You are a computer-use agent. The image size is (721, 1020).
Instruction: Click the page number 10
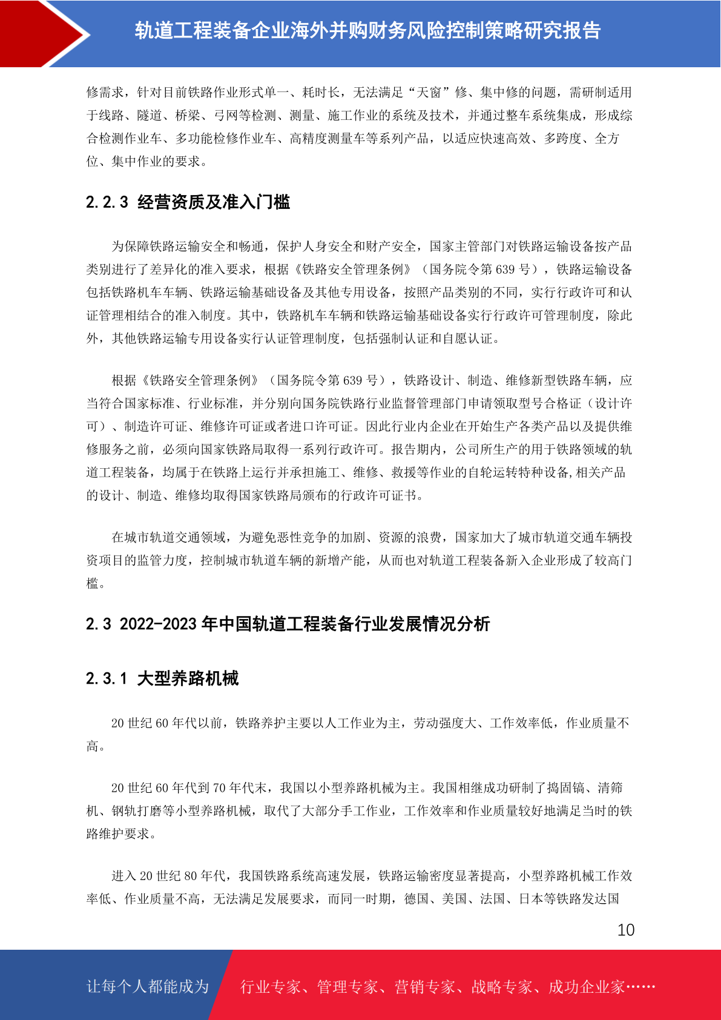[625, 930]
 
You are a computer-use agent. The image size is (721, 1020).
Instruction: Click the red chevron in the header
[45, 33]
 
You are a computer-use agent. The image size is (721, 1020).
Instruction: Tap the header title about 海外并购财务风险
[367, 30]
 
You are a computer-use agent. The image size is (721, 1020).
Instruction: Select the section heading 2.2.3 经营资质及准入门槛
[188, 202]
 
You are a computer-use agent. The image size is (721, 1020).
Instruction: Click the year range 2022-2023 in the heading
[158, 623]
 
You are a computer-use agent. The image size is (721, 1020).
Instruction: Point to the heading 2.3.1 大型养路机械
[162, 678]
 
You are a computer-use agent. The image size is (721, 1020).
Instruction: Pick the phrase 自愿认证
[467, 338]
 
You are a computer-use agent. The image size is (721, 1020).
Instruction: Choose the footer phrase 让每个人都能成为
[147, 986]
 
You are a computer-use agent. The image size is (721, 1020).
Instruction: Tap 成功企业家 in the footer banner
[586, 987]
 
